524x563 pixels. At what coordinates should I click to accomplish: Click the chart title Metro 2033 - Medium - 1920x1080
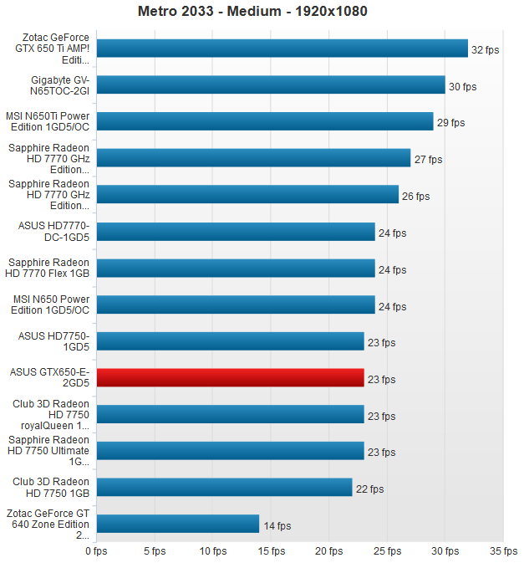click(x=252, y=12)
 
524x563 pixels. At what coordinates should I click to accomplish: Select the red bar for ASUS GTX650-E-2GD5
click(x=231, y=378)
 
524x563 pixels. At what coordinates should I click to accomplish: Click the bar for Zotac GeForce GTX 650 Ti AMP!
click(x=282, y=49)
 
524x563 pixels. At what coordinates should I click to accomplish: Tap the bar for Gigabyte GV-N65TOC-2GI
click(x=271, y=85)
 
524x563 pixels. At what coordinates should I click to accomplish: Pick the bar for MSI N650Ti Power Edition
click(x=265, y=122)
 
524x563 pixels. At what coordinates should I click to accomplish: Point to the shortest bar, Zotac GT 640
click(x=178, y=525)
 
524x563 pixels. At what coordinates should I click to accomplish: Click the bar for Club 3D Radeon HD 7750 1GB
click(x=225, y=488)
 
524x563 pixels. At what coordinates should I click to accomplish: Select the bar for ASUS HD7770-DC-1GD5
click(x=237, y=232)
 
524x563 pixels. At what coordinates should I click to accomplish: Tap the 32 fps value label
click(x=485, y=50)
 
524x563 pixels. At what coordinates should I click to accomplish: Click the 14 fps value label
click(x=277, y=526)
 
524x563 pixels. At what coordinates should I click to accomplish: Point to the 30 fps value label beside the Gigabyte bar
click(x=462, y=86)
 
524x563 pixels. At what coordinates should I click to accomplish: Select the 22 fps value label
click(x=369, y=489)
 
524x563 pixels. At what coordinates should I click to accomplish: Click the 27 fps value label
click(x=428, y=159)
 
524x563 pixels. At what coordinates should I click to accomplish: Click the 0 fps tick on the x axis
click(x=96, y=551)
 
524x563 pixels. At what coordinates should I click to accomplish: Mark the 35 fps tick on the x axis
click(x=503, y=551)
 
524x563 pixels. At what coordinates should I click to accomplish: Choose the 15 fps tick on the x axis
click(x=271, y=551)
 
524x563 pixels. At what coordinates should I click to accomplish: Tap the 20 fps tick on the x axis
click(x=328, y=551)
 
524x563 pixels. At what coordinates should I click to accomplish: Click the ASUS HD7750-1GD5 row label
click(x=53, y=341)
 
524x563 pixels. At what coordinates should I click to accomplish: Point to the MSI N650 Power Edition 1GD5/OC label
click(x=51, y=305)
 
